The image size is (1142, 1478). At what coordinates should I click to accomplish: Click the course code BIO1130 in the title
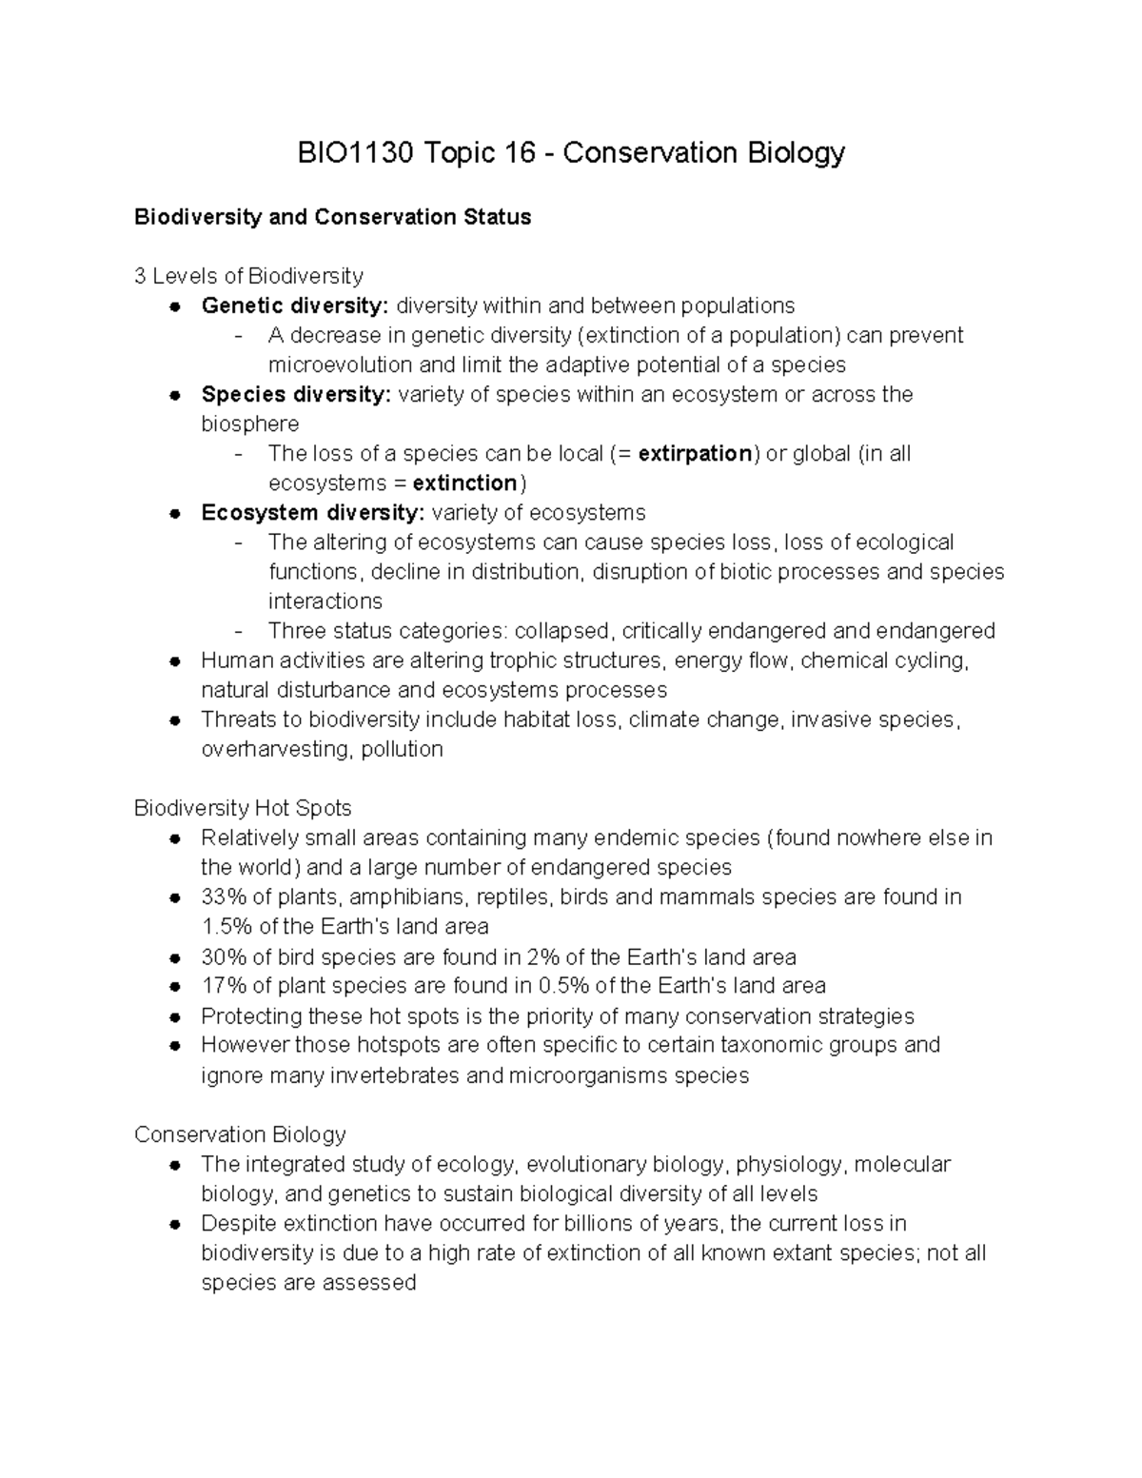click(355, 153)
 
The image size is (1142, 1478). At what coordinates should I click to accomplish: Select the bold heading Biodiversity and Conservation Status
click(332, 217)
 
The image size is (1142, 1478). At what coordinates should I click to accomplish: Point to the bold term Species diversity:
click(296, 394)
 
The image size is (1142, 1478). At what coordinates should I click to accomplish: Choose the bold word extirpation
click(696, 453)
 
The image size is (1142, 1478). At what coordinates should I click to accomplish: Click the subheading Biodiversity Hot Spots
click(243, 808)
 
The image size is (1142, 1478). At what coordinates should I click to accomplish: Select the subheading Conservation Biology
click(240, 1134)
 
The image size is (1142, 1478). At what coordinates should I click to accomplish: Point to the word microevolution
click(341, 365)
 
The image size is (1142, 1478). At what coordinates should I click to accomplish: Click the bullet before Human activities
click(175, 660)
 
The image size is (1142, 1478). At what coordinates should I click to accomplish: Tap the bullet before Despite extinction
click(175, 1224)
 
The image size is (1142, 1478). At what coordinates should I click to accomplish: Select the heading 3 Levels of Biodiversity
click(248, 276)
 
